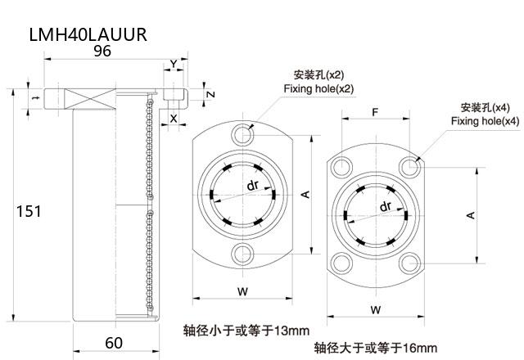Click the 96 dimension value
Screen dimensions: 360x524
coord(102,51)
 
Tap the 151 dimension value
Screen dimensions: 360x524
coord(29,211)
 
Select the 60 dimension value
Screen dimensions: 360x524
coord(113,342)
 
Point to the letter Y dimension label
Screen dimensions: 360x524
coord(173,64)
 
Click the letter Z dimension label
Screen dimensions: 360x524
coord(210,94)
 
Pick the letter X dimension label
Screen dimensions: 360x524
coord(173,118)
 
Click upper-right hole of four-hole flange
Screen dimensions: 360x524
coord(409,168)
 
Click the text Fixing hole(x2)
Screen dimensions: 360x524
coord(318,88)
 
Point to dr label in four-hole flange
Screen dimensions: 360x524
coord(386,207)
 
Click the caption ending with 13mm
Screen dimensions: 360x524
coord(246,331)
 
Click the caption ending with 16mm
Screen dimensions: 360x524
coord(377,348)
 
